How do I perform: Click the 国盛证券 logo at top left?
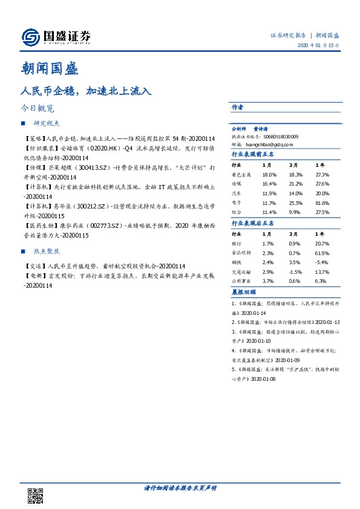56,37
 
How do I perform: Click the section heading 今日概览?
37,109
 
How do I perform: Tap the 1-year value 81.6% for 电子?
322,203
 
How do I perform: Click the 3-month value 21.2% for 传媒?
295,183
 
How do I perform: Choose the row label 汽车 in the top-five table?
237,193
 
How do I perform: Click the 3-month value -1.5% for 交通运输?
295,271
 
